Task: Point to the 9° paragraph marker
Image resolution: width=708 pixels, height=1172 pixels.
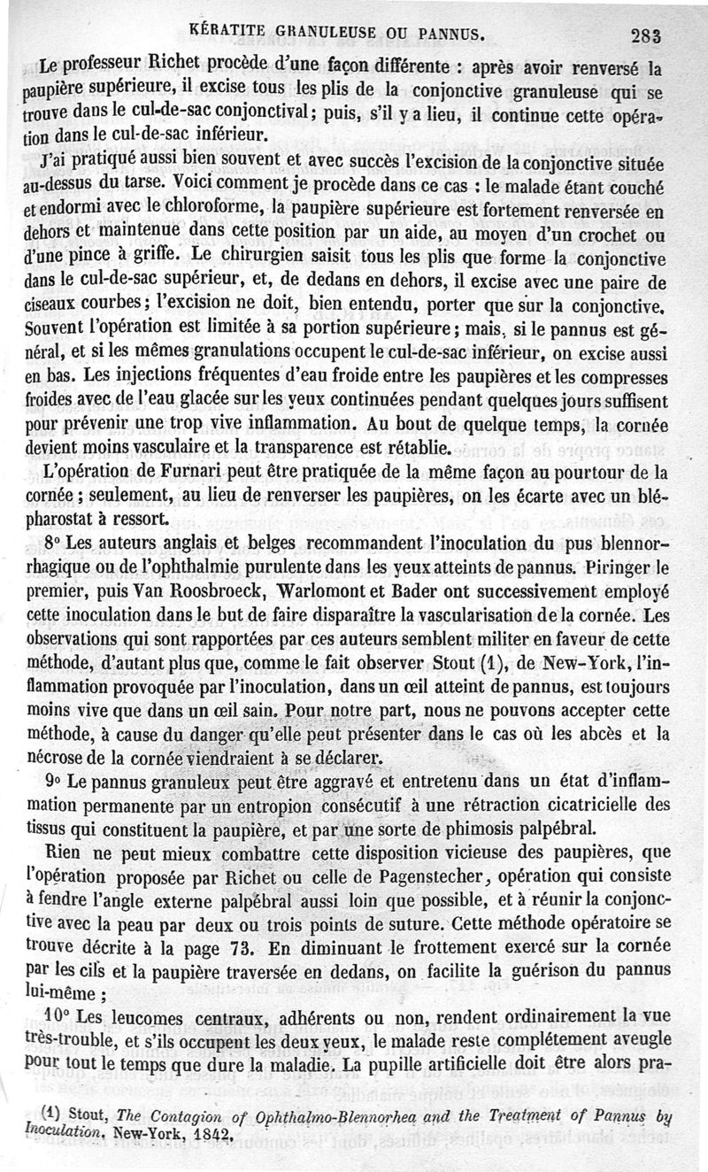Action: tap(51, 783)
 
